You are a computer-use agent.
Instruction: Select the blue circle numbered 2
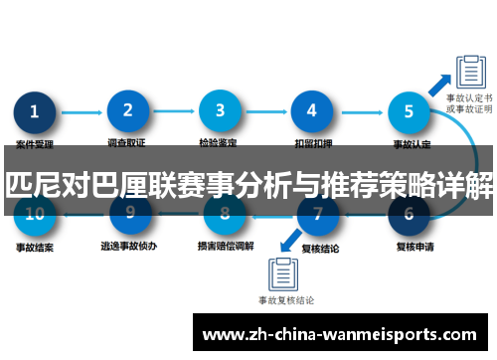[x=127, y=111]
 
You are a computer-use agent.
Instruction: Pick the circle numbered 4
[x=312, y=111]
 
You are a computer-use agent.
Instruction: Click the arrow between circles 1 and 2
[x=82, y=112]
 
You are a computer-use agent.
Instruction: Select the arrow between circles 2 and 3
[x=174, y=112]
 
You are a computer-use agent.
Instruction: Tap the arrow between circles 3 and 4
[x=266, y=112]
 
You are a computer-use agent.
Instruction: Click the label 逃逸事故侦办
[x=127, y=244]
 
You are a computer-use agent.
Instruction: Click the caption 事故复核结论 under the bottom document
[x=286, y=299]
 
